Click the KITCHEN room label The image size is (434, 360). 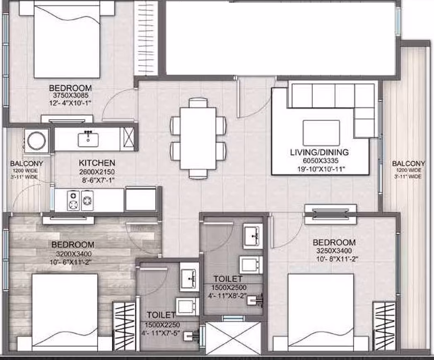(97, 163)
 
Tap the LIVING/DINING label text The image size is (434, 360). (319, 152)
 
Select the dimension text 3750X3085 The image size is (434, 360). (70, 96)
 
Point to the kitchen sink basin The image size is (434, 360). (88, 139)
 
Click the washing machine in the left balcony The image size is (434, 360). (36, 140)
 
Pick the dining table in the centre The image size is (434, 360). (198, 138)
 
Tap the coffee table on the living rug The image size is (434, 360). (321, 133)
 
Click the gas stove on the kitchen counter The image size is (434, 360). (80, 200)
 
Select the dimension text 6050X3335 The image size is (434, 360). (321, 161)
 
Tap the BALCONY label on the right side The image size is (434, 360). (408, 164)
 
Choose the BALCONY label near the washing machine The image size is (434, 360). (27, 163)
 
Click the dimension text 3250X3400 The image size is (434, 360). (334, 251)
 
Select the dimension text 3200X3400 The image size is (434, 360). (74, 254)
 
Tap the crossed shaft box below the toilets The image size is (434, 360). (233, 338)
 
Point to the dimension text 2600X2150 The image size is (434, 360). (97, 172)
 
